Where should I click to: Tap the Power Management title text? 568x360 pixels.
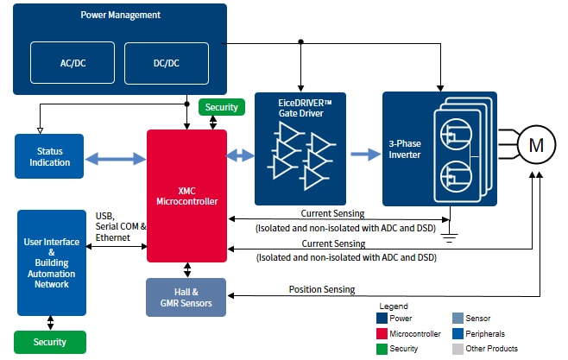[120, 16]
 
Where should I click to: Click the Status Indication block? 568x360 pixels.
[49, 157]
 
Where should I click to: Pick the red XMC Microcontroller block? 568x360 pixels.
[186, 195]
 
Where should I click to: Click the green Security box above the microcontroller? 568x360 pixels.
[222, 108]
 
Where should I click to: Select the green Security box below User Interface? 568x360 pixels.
[49, 342]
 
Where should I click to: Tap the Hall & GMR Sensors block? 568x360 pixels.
[186, 297]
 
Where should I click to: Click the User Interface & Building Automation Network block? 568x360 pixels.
[52, 261]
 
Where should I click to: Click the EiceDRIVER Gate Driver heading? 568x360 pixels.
[300, 107]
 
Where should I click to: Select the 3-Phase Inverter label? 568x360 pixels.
[404, 148]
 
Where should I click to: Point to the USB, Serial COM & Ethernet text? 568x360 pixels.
[120, 226]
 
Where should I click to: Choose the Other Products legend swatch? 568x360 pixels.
[458, 348]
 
